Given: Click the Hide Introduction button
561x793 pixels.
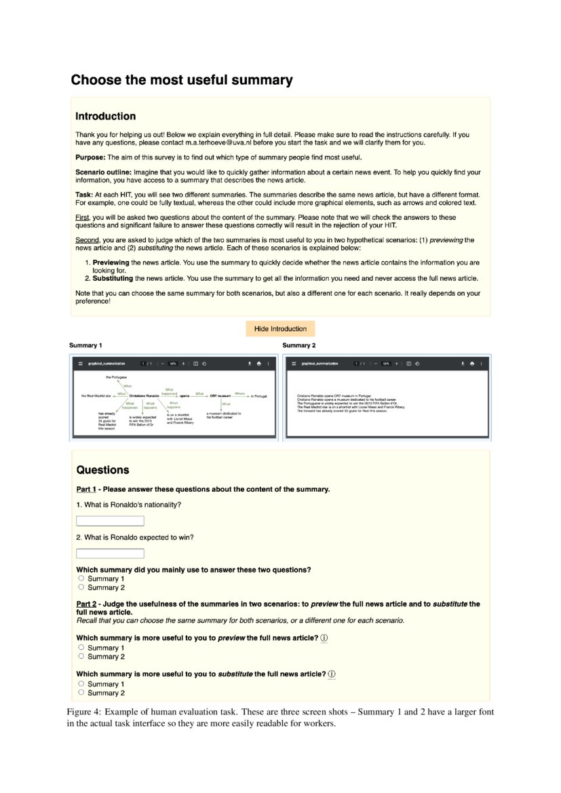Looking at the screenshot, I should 280,329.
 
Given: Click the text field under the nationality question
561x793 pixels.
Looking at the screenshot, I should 110,521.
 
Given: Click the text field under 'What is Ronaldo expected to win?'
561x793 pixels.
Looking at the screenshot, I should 110,554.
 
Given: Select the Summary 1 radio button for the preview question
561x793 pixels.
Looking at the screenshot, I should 81,648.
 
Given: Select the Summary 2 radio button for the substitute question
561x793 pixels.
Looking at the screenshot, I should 81,693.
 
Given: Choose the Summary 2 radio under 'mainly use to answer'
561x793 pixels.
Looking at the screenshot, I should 81,587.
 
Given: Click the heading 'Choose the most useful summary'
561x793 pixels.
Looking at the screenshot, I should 182,80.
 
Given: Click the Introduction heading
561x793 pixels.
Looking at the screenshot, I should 105,116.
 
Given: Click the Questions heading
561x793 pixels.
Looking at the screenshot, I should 102,470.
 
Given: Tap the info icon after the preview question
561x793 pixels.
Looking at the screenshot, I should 324,638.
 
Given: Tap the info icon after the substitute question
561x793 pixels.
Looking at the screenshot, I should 332,674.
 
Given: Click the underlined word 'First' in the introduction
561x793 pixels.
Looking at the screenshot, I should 82,218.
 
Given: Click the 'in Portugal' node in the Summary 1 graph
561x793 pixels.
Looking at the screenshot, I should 260,395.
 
